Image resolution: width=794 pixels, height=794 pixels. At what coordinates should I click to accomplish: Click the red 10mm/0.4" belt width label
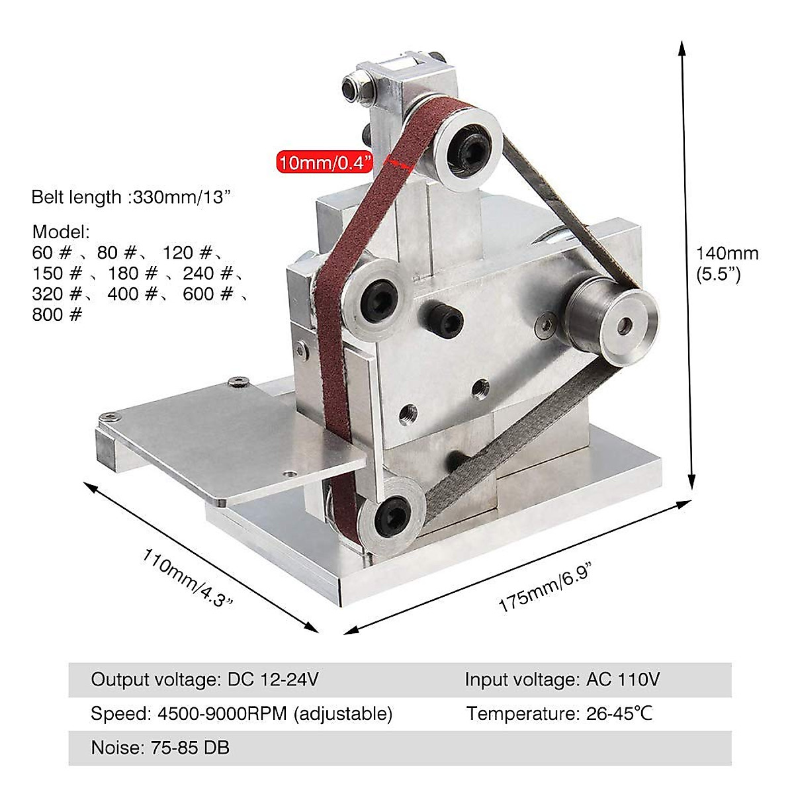point(325,162)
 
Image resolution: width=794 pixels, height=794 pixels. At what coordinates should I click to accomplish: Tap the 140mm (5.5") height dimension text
point(727,264)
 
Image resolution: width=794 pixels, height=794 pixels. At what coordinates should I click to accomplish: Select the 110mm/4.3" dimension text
point(187,577)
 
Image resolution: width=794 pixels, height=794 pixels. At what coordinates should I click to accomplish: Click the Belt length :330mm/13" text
point(130,197)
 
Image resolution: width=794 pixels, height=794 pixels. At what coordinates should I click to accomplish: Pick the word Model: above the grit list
point(61,232)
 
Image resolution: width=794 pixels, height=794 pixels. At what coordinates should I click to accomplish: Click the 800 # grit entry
point(58,314)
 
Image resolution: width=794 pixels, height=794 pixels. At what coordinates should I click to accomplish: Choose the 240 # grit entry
point(208,273)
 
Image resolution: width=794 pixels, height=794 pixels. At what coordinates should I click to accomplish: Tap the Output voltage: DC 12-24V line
point(204,680)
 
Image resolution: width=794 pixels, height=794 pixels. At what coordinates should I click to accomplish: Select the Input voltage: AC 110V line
point(562,680)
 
